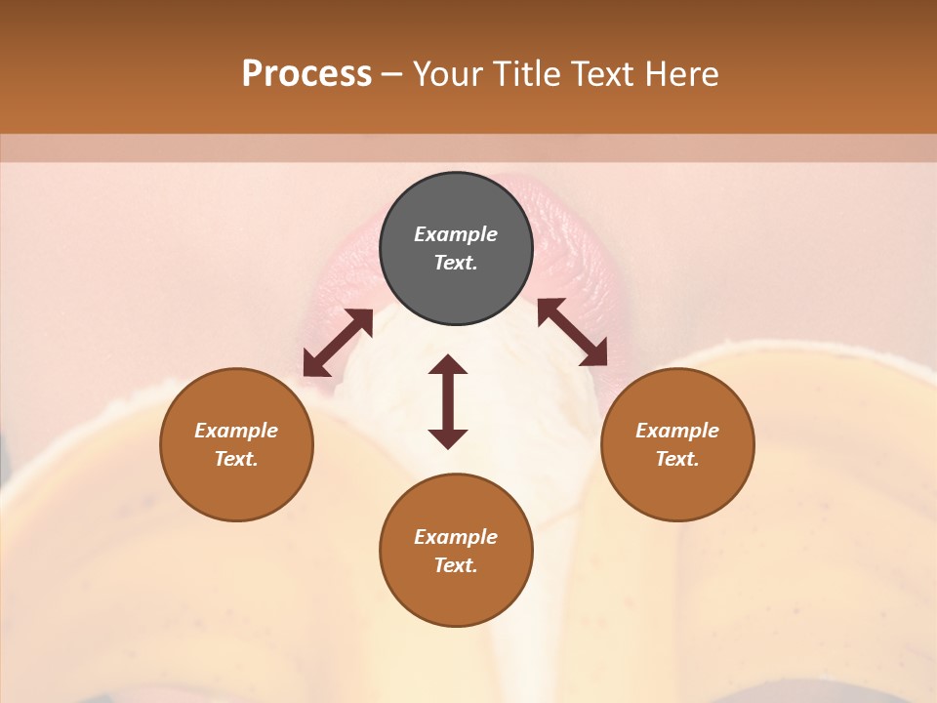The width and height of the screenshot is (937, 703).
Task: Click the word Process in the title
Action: [x=306, y=74]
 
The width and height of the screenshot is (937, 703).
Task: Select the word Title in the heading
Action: [x=527, y=74]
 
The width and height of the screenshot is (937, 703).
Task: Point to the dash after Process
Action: [x=392, y=75]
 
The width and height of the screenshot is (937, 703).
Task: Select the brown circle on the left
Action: [x=236, y=444]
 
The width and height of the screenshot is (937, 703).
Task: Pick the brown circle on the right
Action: [x=677, y=444]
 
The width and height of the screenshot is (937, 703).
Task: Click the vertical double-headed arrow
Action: [x=448, y=401]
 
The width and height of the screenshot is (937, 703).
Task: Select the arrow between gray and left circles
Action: [x=338, y=343]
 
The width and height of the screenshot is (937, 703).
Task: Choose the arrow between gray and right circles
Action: [x=572, y=332]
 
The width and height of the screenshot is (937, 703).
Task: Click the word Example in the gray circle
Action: [x=456, y=234]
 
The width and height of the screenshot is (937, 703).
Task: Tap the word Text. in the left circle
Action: [x=236, y=459]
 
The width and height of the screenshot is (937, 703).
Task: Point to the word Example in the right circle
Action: [x=677, y=431]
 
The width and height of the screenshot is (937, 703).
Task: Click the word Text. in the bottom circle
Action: [x=456, y=565]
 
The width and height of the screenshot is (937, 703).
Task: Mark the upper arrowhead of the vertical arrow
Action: [x=448, y=365]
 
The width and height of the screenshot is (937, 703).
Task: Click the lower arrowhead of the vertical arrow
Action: [x=448, y=438]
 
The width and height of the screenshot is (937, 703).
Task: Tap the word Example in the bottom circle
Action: [x=456, y=537]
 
